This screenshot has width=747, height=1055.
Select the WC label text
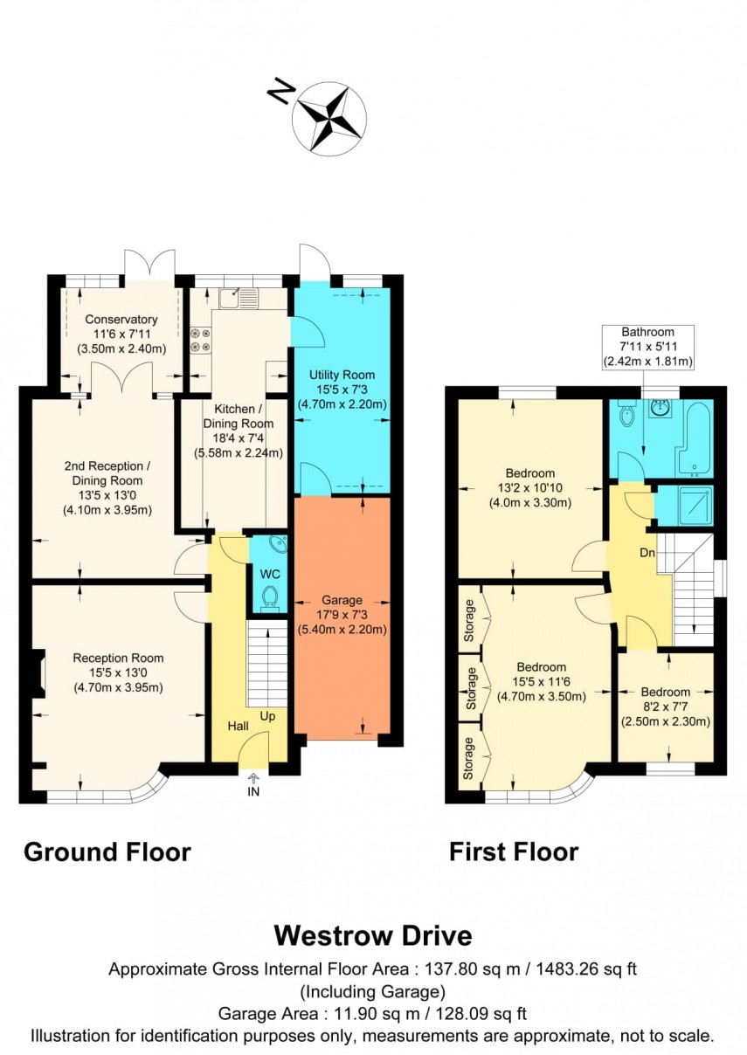(x=270, y=575)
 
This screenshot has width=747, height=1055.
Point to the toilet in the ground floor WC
(x=270, y=597)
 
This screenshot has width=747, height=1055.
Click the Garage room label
(x=342, y=600)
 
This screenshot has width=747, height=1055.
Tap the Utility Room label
(x=342, y=375)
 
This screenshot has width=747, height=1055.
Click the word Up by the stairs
(x=267, y=716)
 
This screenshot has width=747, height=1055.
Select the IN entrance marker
(x=253, y=792)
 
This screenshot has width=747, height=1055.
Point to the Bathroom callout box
(x=647, y=346)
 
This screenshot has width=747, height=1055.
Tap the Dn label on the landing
(x=646, y=553)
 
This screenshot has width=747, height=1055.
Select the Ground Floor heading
(x=107, y=852)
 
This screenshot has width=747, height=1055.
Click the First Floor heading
(x=513, y=852)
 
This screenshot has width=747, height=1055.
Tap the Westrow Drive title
(x=373, y=935)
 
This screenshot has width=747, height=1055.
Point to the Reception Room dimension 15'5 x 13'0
(x=118, y=672)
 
